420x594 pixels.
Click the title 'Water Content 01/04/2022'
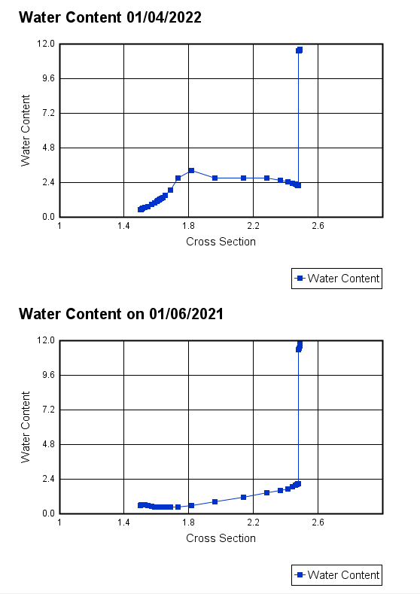(x=110, y=17)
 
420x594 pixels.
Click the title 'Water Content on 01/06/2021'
(x=120, y=313)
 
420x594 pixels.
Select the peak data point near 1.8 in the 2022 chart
(x=191, y=170)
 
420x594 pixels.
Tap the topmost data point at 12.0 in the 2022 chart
(x=300, y=50)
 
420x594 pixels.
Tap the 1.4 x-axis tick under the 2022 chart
(x=123, y=225)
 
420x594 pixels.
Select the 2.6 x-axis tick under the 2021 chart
(x=318, y=522)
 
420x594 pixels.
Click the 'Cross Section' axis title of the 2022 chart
(x=221, y=242)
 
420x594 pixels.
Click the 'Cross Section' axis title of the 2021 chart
(x=221, y=538)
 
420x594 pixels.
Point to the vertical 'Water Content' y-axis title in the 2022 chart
(x=26, y=130)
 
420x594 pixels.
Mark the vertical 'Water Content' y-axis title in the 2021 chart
(x=26, y=427)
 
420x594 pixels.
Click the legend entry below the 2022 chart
(x=336, y=279)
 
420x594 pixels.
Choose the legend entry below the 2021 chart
(x=336, y=575)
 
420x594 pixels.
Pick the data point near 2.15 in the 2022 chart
(x=243, y=178)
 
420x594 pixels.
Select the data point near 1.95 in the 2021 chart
(x=215, y=501)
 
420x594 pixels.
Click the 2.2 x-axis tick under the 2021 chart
(x=253, y=522)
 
